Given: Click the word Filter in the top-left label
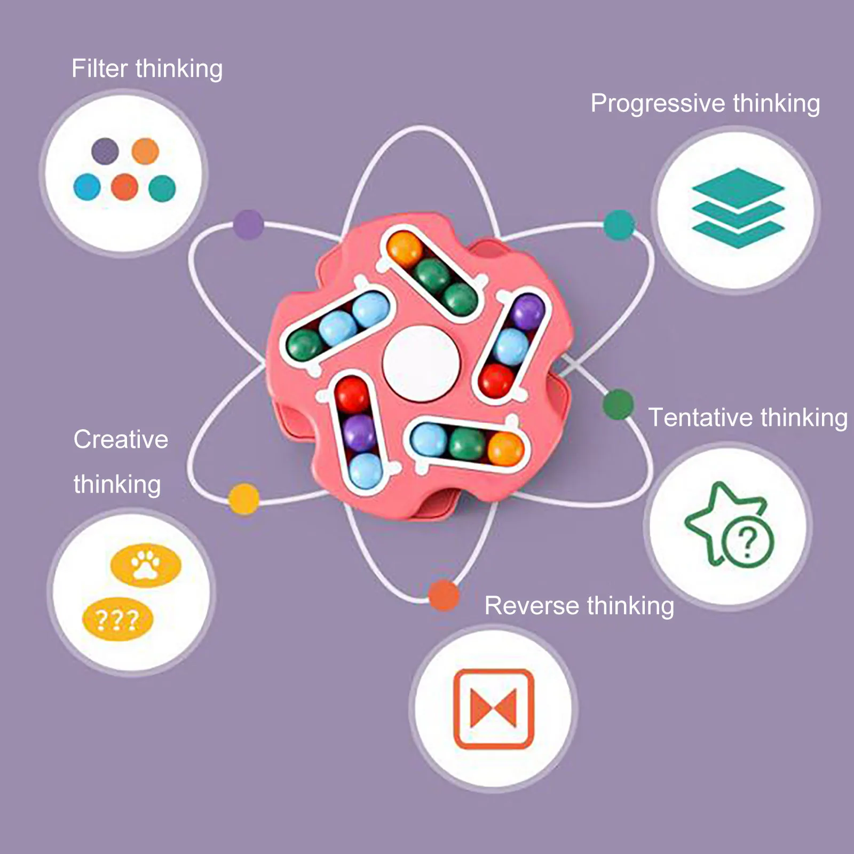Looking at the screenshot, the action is click(x=100, y=69).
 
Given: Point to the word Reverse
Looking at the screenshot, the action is click(x=532, y=606).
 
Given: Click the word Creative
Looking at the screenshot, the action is click(x=121, y=440).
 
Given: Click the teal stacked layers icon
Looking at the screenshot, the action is click(x=738, y=208).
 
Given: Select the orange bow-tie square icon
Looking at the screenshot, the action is click(x=494, y=708).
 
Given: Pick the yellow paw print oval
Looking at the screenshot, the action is click(x=146, y=565).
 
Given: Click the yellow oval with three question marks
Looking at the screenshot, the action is click(x=117, y=619).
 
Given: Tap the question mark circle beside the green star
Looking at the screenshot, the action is click(x=748, y=542).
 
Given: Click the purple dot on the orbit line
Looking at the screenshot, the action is click(x=248, y=224).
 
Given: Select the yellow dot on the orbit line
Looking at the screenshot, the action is click(x=244, y=499).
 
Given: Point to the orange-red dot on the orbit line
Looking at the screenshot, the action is click(x=444, y=595).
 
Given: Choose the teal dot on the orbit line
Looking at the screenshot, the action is click(x=619, y=225).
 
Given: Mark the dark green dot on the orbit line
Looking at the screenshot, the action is click(x=619, y=405).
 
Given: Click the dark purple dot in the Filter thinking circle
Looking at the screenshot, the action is click(x=105, y=151).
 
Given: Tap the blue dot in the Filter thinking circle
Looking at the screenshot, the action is click(x=87, y=187).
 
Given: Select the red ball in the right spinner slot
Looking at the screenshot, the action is click(x=496, y=381).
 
